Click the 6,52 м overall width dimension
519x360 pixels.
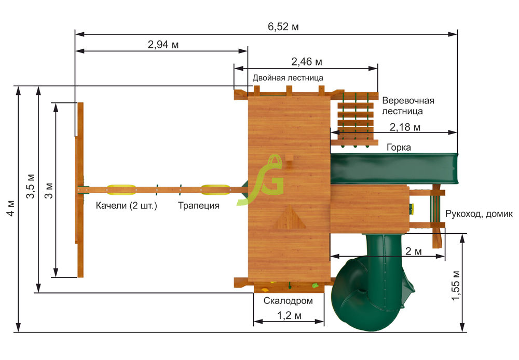tap(283, 26)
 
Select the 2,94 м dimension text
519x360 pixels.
tap(163, 44)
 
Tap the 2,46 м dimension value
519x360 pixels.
tap(307, 62)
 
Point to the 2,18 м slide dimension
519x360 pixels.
tap(405, 127)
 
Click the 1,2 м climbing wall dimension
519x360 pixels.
tap(289, 316)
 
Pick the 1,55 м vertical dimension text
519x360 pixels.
tap(456, 286)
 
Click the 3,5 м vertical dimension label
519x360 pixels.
tap(30, 186)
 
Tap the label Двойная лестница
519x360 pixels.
tap(288, 78)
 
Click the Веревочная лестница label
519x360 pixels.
tap(408, 105)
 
